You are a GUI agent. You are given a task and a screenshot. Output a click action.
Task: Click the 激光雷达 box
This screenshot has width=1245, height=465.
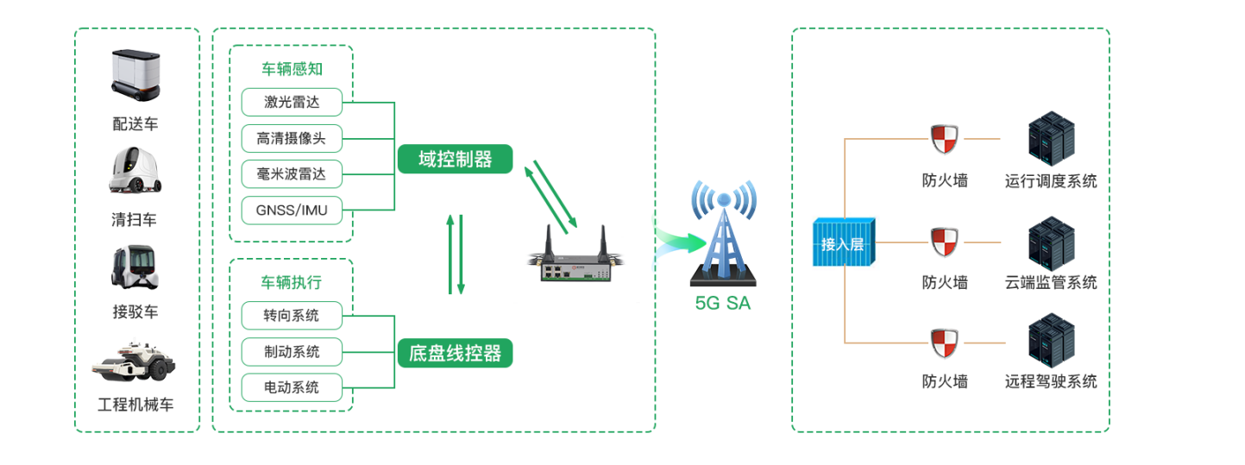[292, 102]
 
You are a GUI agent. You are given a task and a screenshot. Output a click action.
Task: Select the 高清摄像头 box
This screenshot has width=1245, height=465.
[292, 138]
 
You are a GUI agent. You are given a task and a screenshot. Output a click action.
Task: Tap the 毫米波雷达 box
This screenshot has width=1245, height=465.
[292, 174]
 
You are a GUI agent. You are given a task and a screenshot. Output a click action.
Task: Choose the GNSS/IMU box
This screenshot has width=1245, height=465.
[292, 210]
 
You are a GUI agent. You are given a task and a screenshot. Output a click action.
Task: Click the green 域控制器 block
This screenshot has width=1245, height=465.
[455, 159]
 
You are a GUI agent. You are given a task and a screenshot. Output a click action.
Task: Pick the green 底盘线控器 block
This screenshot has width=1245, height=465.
[455, 353]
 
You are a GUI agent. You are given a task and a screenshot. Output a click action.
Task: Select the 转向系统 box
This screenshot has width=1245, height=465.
[292, 316]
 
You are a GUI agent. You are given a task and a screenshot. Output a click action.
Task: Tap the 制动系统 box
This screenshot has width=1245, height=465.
[292, 352]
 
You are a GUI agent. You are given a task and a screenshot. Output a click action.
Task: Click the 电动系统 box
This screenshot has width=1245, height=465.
[292, 387]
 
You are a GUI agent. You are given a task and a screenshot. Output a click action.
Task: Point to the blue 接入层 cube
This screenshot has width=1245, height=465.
[843, 243]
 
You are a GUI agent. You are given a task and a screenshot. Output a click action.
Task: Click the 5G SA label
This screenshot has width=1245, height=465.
[723, 303]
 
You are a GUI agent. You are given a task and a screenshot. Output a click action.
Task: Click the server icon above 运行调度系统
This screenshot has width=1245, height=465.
[1051, 141]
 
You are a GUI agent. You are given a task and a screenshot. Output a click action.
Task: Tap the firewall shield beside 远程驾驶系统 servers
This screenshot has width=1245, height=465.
[944, 343]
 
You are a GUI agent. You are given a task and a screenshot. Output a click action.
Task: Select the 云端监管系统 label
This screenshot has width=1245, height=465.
[1051, 282]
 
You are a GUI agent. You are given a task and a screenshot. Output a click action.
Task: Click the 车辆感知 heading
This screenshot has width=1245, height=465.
[292, 69]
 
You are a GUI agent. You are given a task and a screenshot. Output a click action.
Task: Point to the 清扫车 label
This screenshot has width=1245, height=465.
[135, 220]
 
